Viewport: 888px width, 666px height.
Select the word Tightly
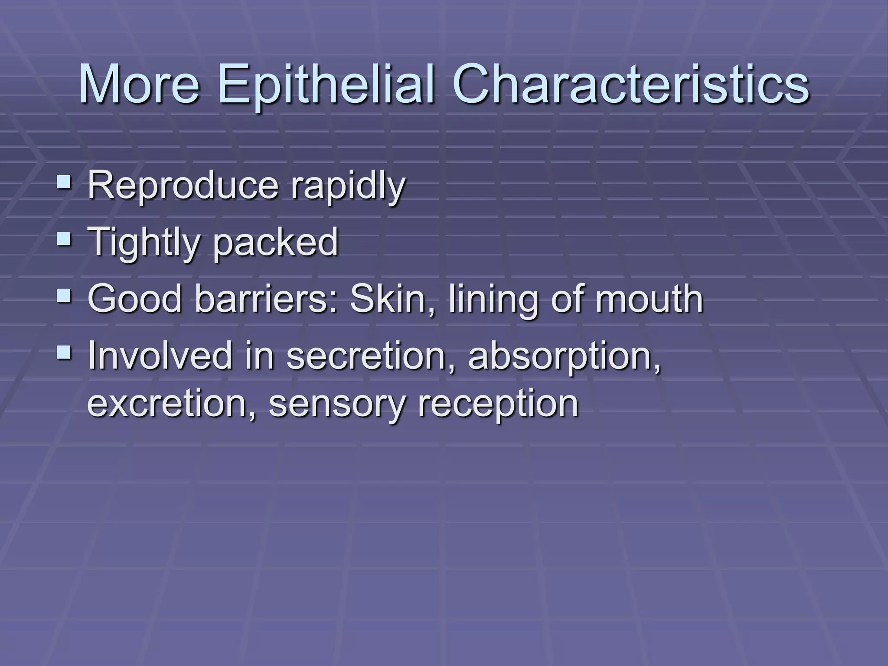[x=143, y=243]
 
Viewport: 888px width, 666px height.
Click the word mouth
[x=648, y=299]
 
